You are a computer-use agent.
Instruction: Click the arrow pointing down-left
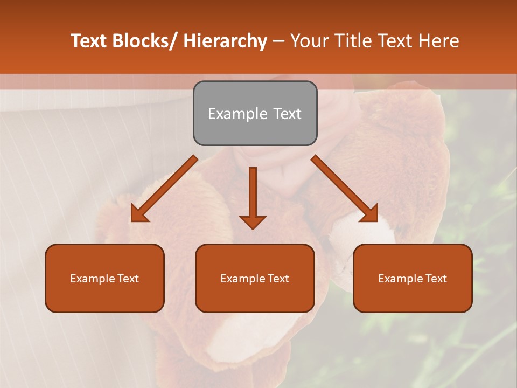164,189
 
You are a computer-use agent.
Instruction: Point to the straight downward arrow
253,197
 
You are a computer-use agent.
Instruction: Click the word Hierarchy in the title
225,41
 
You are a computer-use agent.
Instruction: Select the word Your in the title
309,41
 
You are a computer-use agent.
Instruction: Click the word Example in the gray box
230,114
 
